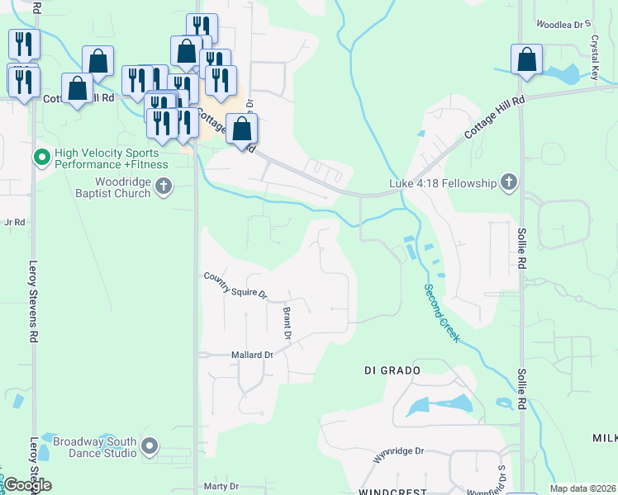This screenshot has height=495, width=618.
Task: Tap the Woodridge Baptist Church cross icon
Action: [x=164, y=186]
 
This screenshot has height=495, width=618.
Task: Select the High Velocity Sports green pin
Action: [x=41, y=156]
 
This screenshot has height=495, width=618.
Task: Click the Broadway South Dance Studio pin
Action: [x=150, y=447]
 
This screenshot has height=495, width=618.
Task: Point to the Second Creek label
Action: [x=440, y=313]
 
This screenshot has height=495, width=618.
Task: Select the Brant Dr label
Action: [x=288, y=323]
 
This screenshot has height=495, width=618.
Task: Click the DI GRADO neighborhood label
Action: [x=392, y=370]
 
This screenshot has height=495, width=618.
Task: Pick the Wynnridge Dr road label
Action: [x=398, y=452]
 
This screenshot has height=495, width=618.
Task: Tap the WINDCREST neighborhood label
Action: [x=392, y=492]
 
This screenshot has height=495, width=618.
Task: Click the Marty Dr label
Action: [x=221, y=486]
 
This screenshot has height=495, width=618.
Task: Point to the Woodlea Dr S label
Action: [x=565, y=26]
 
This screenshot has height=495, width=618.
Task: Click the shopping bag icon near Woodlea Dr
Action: [x=526, y=61]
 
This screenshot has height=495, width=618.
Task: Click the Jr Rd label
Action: [x=16, y=222]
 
